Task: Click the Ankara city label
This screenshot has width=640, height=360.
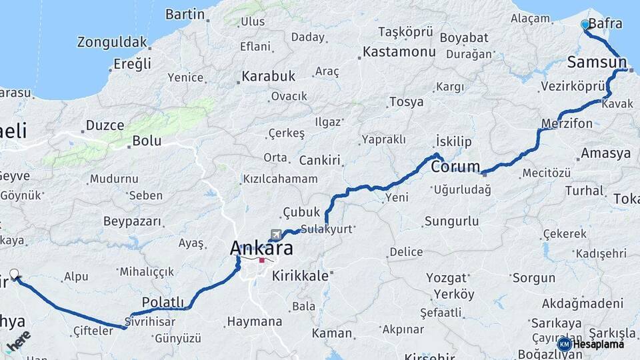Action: click(x=261, y=248)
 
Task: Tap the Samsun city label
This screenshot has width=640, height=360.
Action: click(x=597, y=63)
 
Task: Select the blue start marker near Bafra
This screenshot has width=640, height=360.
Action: click(x=585, y=25)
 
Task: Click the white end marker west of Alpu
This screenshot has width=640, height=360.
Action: click(x=14, y=274)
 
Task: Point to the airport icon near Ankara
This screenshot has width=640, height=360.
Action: click(x=276, y=235)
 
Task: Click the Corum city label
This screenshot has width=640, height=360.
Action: click(x=455, y=166)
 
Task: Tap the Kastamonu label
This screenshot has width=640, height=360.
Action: click(x=394, y=51)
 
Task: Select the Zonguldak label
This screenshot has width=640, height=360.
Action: click(x=112, y=43)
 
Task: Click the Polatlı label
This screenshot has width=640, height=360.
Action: click(x=163, y=301)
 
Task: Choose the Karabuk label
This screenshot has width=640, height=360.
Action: click(x=268, y=76)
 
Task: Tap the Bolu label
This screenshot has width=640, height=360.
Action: click(x=147, y=141)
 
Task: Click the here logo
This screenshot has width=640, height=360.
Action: click(x=17, y=339)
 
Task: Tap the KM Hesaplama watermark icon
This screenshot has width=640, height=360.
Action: click(x=564, y=344)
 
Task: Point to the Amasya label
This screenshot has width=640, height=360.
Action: click(x=605, y=153)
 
